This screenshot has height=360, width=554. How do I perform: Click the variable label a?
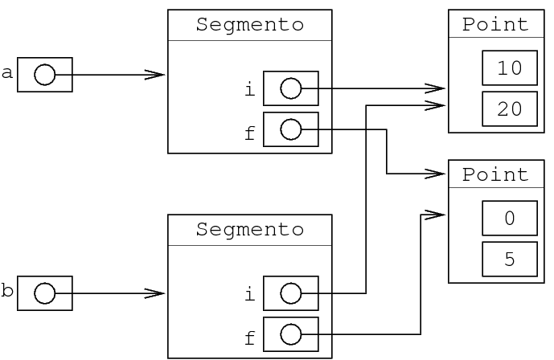pos(7,74)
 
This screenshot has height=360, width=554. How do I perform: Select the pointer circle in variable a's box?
pos(44,75)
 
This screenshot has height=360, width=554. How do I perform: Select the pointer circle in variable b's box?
pos(44,294)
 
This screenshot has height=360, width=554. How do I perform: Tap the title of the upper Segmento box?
pos(250,25)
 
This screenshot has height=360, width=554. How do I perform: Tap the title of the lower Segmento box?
pos(250,230)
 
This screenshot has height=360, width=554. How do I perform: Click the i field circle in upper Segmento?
pos(290,88)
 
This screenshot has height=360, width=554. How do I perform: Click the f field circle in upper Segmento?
pos(290,129)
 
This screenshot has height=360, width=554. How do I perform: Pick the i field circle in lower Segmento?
pos(290,293)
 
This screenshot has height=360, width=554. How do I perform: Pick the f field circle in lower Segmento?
pos(290,334)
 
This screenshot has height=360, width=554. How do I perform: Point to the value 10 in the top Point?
pos(510,68)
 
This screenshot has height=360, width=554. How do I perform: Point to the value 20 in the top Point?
pos(510,108)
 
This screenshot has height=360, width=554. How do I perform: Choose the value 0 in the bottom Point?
pos(510,219)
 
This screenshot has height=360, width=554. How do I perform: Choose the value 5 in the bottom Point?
pos(510,259)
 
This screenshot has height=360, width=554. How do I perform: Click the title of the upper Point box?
pos(496,25)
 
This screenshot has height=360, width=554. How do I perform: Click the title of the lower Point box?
pos(496,175)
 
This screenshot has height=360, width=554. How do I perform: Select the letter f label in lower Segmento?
pos(249,338)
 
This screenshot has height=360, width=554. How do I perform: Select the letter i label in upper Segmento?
pos(249,90)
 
